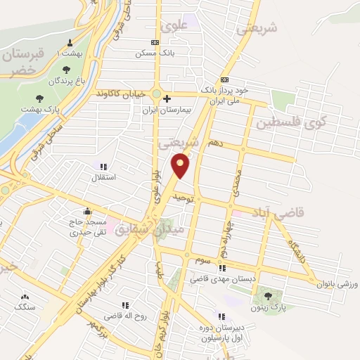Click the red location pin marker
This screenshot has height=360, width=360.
[x=181, y=165]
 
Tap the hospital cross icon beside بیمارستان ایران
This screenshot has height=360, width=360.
[x=166, y=99]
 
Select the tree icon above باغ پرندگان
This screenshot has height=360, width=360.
[x=66, y=70]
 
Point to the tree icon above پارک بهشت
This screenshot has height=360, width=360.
[x=38, y=99]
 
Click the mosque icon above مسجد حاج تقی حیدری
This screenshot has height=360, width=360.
[x=86, y=211]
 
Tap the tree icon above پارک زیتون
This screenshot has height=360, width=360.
[x=268, y=295]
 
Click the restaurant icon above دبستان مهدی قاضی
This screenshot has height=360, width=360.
[x=222, y=268]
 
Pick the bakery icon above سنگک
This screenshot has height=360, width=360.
[x=25, y=297]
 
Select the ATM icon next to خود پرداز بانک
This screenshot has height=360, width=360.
[x=224, y=79]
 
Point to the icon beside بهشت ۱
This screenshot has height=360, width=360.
[x=69, y=42]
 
